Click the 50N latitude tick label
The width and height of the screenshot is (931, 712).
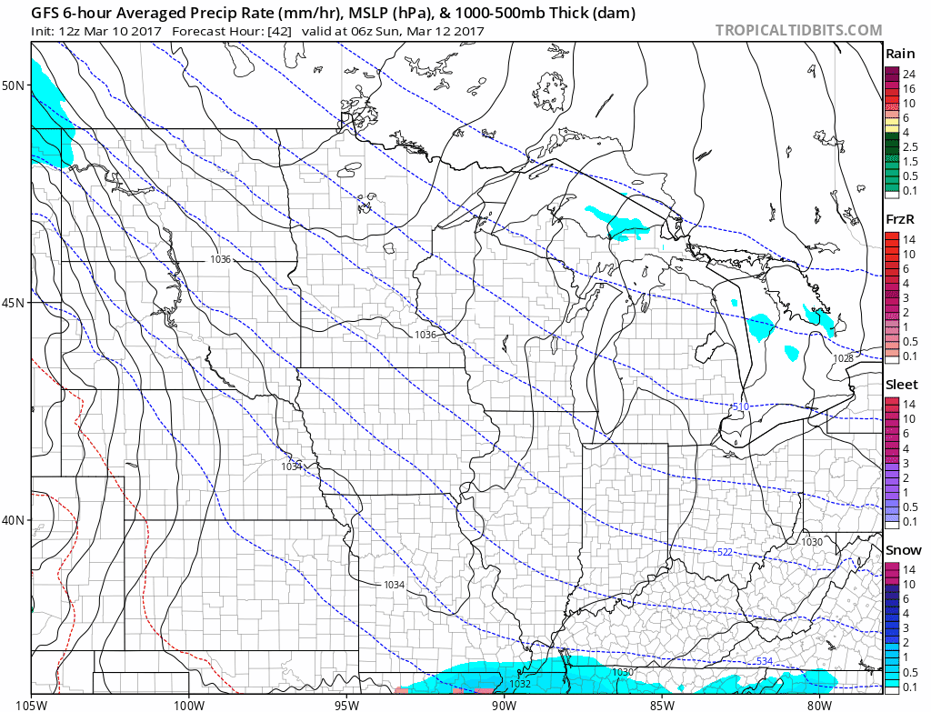(x=14, y=85)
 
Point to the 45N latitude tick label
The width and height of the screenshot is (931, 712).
(x=14, y=302)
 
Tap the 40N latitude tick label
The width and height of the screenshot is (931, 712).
(x=14, y=519)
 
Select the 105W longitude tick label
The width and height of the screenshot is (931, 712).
(x=31, y=702)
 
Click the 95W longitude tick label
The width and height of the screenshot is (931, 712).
(x=346, y=702)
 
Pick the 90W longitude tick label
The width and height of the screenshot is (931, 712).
(x=504, y=702)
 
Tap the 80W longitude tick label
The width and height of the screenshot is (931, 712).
(x=819, y=702)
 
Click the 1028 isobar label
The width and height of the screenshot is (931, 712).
(x=844, y=359)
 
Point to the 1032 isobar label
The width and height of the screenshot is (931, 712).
(x=520, y=684)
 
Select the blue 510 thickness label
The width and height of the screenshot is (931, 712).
(x=740, y=406)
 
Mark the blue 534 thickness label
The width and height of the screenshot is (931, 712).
(x=765, y=660)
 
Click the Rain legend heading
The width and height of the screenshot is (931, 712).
(x=900, y=54)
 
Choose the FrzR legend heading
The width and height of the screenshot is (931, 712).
(x=901, y=219)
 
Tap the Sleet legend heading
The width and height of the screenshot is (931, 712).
(x=902, y=385)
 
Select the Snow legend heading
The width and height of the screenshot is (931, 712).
(x=903, y=549)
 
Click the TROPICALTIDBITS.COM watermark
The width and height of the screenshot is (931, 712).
(x=798, y=30)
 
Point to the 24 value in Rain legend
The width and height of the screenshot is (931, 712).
(x=907, y=75)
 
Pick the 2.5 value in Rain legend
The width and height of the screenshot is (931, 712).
(x=910, y=146)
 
